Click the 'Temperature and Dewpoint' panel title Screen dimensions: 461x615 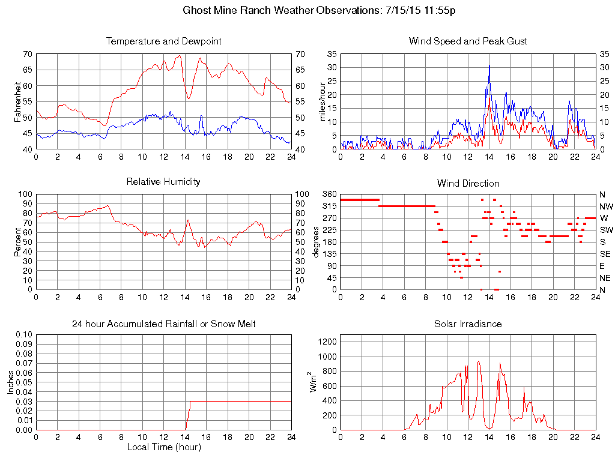point(163,41)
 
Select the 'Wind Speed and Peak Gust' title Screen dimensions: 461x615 point(468,41)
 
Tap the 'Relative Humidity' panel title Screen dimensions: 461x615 point(163,181)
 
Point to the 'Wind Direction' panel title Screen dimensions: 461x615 point(468,183)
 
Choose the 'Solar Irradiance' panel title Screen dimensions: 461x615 point(468,324)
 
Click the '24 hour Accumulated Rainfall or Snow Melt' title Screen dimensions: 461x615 point(163,324)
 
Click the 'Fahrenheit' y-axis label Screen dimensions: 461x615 point(17,101)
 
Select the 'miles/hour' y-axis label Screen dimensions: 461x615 point(323,101)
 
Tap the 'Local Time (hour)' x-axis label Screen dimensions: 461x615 point(163,447)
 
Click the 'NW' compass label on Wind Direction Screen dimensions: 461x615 point(606,206)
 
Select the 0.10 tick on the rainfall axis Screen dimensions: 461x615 point(23,334)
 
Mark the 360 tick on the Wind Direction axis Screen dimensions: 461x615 point(329,194)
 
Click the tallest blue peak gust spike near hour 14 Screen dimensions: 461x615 point(489,66)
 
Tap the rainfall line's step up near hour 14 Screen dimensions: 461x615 point(190,414)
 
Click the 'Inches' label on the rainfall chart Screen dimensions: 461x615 point(10,382)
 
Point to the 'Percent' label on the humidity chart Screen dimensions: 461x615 point(17,242)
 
